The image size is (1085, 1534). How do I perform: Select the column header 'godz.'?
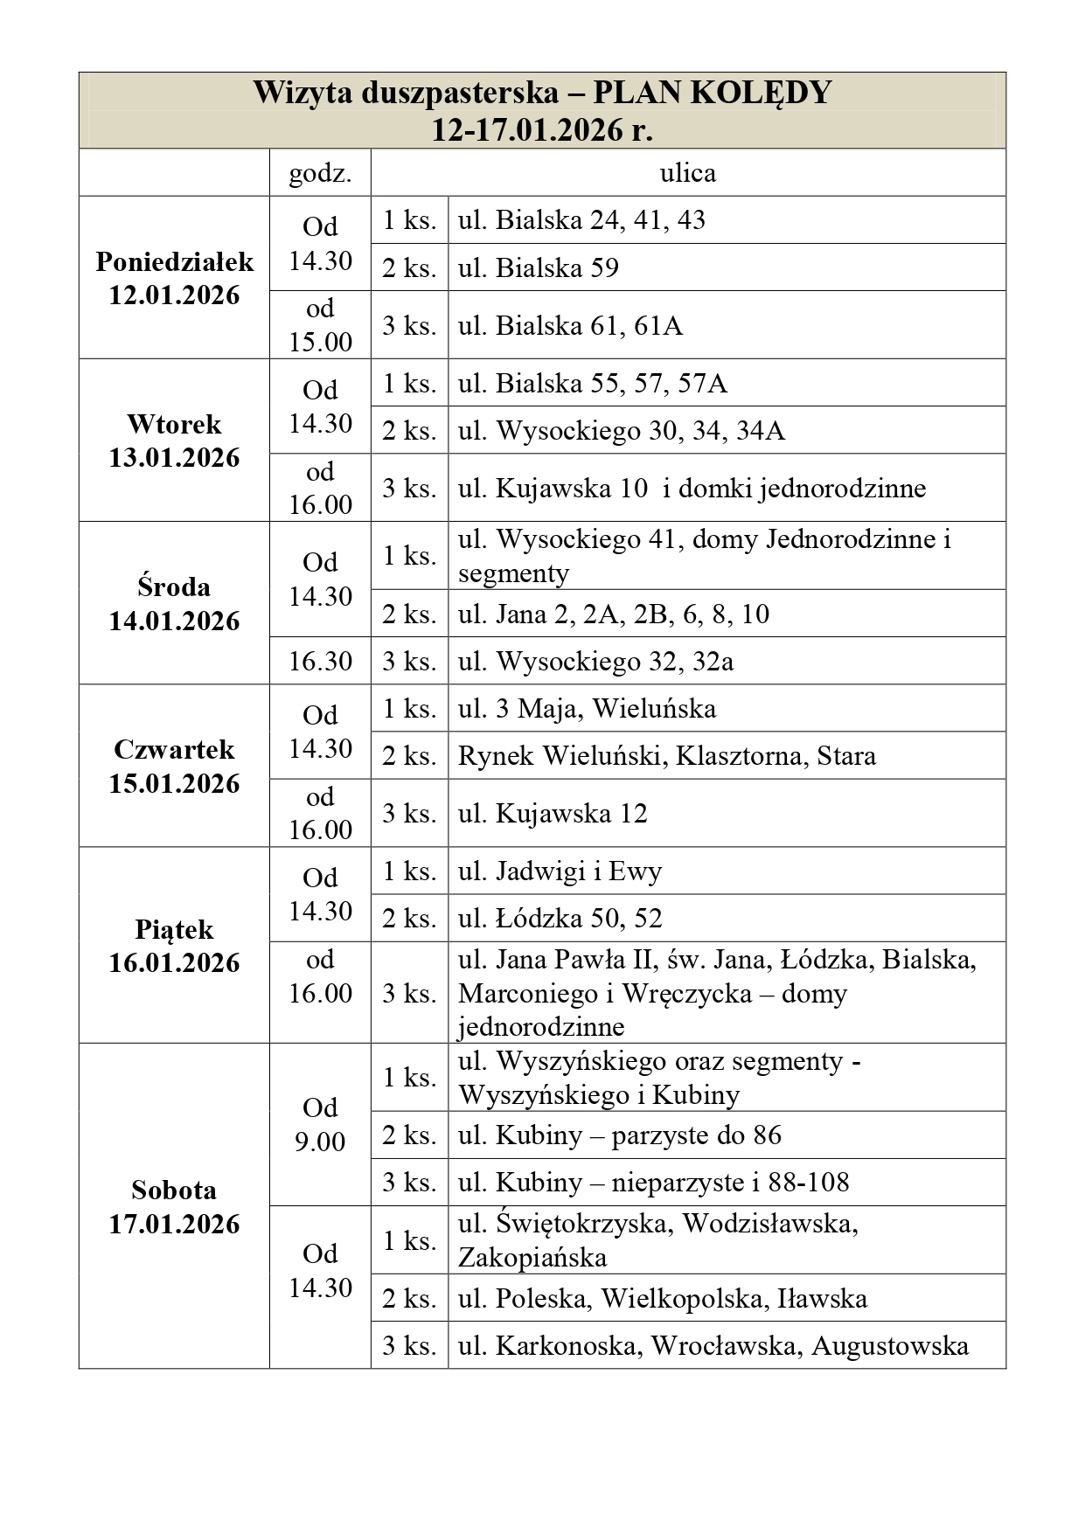coord(320,173)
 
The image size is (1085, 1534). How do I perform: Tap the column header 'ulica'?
coord(687,173)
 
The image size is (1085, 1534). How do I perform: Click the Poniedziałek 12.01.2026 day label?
coord(174,278)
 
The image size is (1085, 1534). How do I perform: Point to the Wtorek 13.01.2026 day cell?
coord(174,441)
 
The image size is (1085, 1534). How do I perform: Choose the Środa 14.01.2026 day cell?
coord(174,603)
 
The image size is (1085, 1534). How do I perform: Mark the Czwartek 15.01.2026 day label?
coord(174,766)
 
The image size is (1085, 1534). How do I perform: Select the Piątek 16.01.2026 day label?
coord(174,946)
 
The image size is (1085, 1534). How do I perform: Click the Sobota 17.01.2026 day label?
coord(174,1206)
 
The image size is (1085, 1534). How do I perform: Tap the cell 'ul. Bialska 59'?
coord(538,267)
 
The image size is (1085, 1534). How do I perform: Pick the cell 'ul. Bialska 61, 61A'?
coord(570,325)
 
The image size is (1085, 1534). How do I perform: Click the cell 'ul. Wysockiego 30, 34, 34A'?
coord(621,430)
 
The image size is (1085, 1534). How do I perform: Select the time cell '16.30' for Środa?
coord(320,661)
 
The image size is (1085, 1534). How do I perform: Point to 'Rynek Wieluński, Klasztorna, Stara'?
coord(666,755)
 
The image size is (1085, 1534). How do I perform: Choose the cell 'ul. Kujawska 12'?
coord(553,813)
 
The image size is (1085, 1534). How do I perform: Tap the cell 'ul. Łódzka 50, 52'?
coord(560,918)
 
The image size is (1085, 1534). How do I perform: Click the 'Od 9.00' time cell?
coord(320,1124)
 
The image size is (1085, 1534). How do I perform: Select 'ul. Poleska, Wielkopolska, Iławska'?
coord(662,1298)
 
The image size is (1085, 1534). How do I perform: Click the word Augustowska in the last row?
coord(889,1345)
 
